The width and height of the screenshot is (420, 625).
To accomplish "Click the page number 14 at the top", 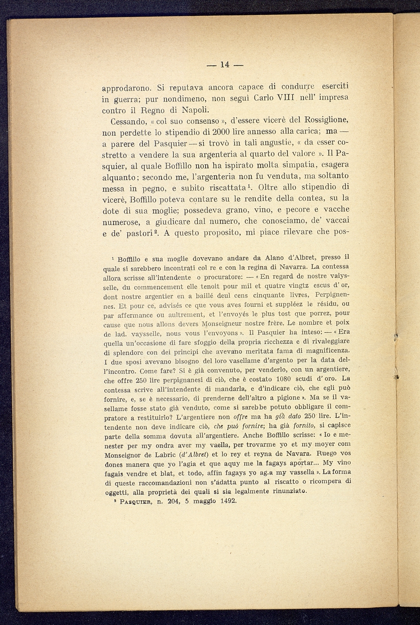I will pos(224,64).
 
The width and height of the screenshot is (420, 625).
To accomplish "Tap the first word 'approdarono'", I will pos(128,88).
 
